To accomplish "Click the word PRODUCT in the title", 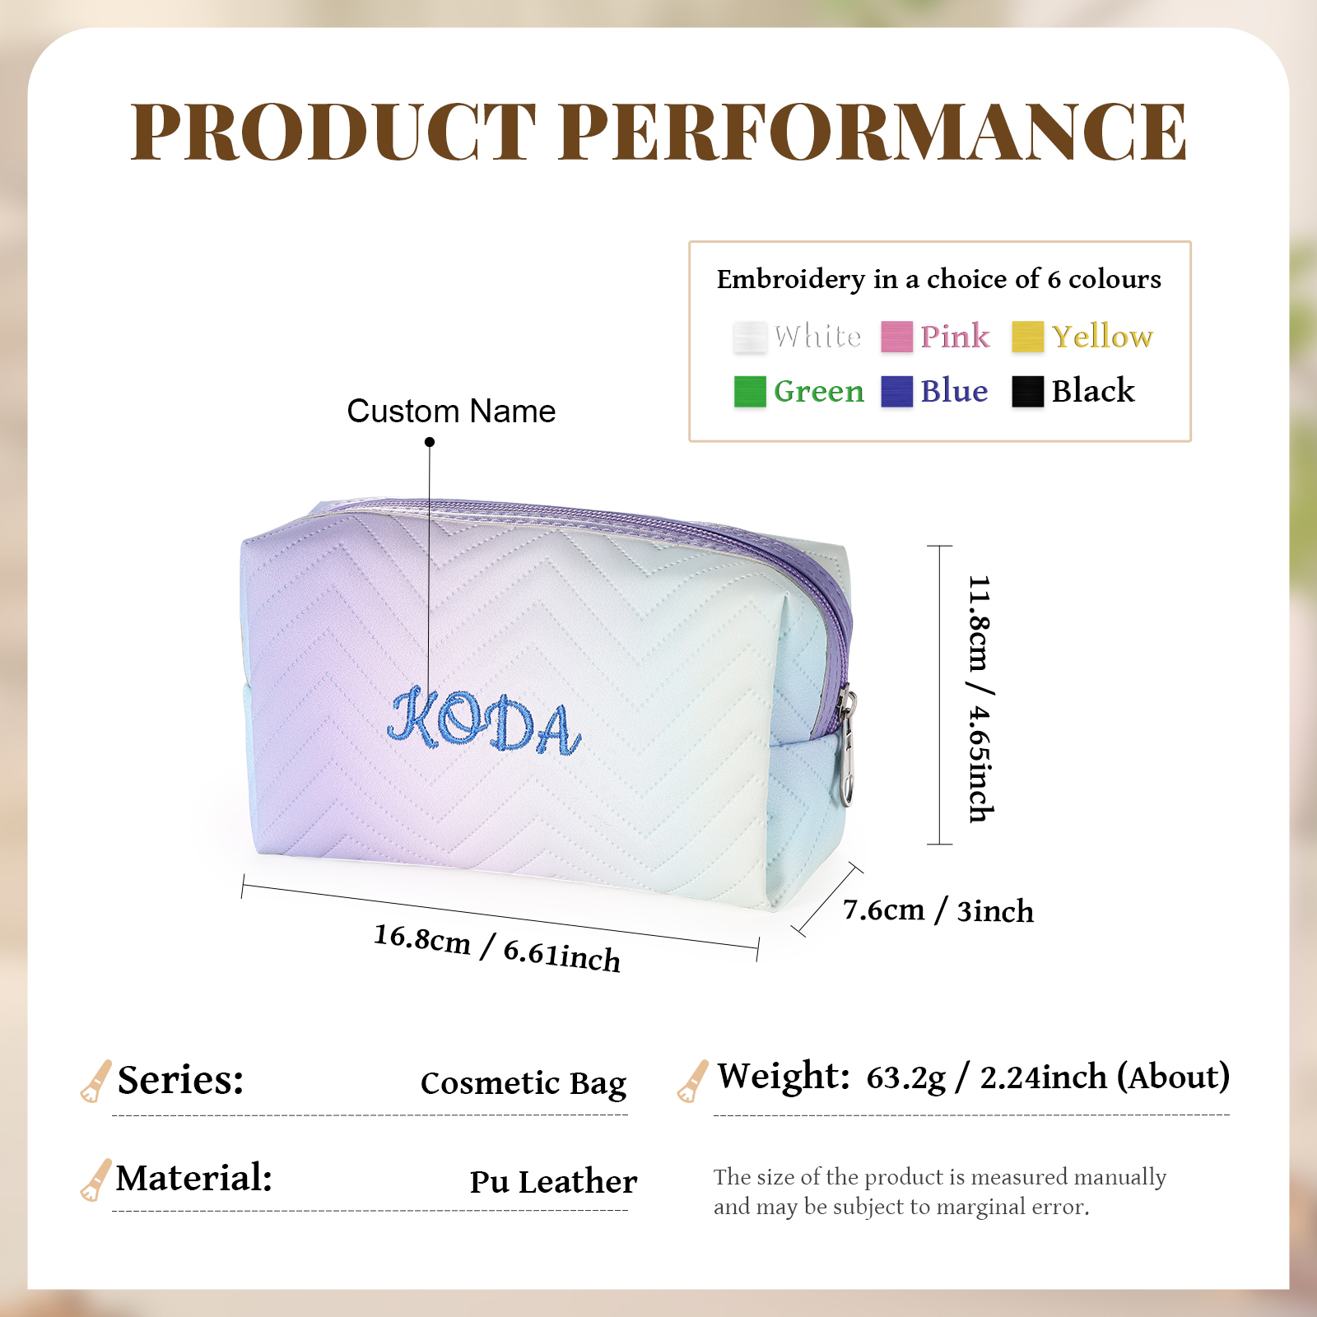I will [x=333, y=132].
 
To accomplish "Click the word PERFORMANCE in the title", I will [x=877, y=132].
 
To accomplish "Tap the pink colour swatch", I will [x=896, y=337].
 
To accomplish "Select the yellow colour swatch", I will [x=1027, y=337].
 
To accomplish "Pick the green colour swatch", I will [x=749, y=391].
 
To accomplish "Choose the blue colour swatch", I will [x=896, y=391].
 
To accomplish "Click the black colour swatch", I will [x=1027, y=391].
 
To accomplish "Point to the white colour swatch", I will [x=749, y=337].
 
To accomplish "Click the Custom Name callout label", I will [x=451, y=411].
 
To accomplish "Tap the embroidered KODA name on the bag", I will [x=485, y=723].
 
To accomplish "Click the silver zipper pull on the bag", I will [x=846, y=749].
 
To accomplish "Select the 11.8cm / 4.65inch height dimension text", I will [x=980, y=698].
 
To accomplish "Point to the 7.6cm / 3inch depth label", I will [x=938, y=910].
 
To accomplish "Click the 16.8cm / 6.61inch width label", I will [x=497, y=947].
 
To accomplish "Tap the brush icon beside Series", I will [x=95, y=1081].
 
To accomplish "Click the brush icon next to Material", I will [x=95, y=1180].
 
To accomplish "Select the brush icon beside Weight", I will [x=692, y=1081].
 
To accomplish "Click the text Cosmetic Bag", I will [x=524, y=1083].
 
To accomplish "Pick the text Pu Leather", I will [x=553, y=1182].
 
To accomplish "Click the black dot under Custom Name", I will [x=430, y=442].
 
